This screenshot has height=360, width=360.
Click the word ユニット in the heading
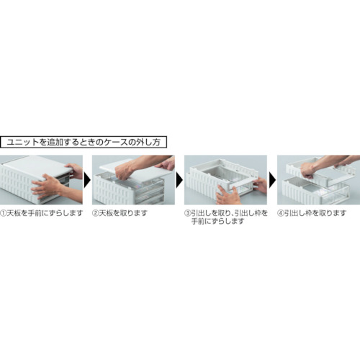[x=21, y=142]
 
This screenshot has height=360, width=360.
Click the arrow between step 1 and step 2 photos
[x=88, y=179]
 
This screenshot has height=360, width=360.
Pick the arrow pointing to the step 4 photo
[x=272, y=179]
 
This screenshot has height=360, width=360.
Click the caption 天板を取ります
[x=125, y=214]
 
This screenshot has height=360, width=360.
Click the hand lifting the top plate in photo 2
[x=128, y=171]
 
